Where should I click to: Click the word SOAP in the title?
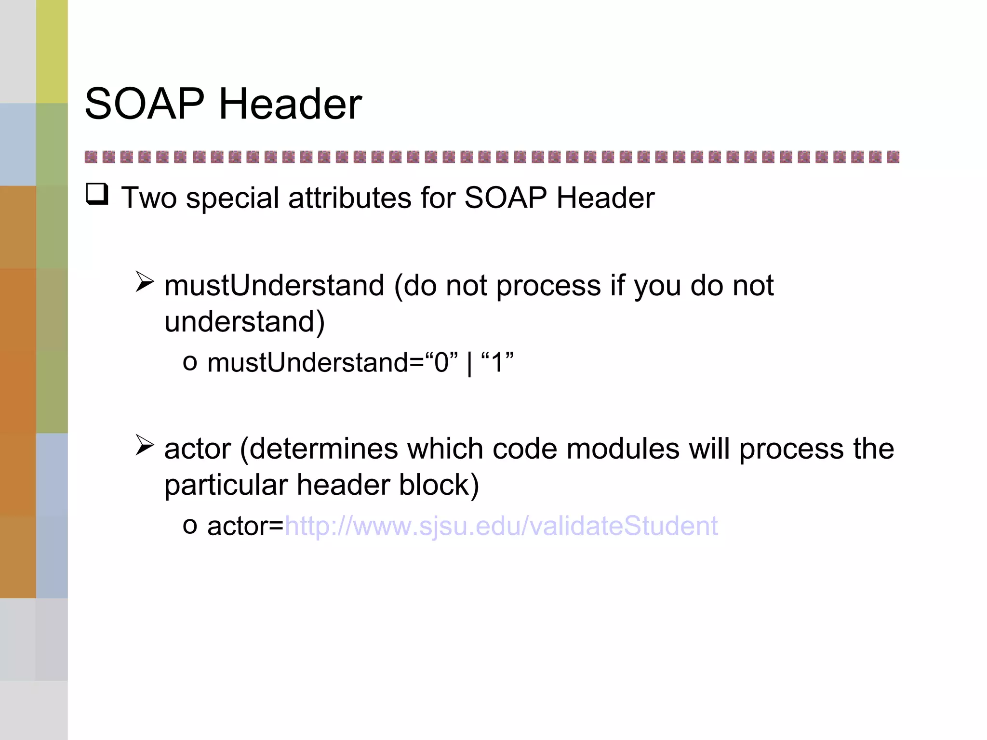145,104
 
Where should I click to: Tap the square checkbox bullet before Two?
97,195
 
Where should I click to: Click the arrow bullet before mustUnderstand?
144,282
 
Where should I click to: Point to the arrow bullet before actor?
144,445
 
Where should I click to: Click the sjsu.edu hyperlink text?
501,526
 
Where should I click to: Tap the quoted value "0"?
441,362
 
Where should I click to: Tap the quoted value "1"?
497,362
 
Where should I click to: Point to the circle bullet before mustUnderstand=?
190,363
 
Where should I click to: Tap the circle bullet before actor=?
190,526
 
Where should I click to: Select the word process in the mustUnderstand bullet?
548,286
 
